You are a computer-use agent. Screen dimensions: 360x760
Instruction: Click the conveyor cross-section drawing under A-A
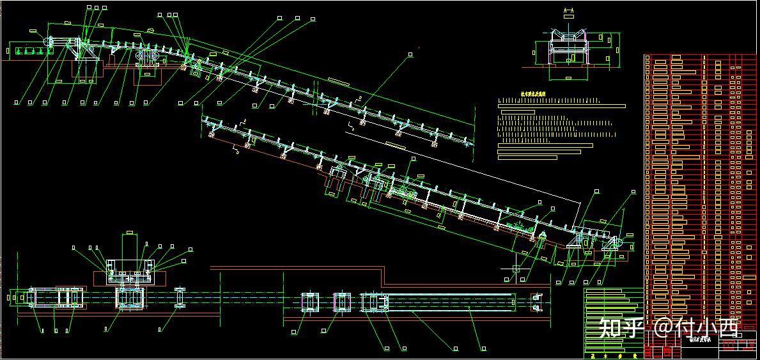570,47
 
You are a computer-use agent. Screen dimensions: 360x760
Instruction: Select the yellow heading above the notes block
524,93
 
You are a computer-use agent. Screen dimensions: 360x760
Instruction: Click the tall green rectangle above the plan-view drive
129,247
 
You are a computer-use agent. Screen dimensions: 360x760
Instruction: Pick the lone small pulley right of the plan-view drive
180,298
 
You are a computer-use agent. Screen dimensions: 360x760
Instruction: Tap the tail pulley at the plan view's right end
536,301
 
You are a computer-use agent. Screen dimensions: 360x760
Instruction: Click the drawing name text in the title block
701,340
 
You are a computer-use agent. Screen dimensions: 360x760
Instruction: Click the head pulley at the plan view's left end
32,298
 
